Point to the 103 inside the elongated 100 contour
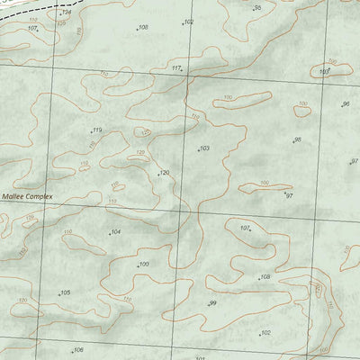(x=328, y=70)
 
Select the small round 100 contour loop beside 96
(x=301, y=111)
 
